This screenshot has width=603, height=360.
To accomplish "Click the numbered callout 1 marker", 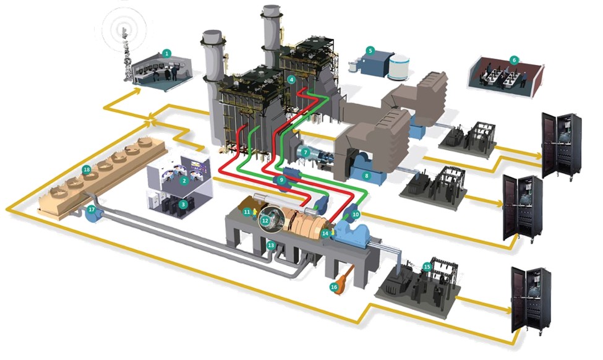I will point(166,53).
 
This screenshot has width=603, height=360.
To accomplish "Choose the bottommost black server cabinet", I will point(530,302).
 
